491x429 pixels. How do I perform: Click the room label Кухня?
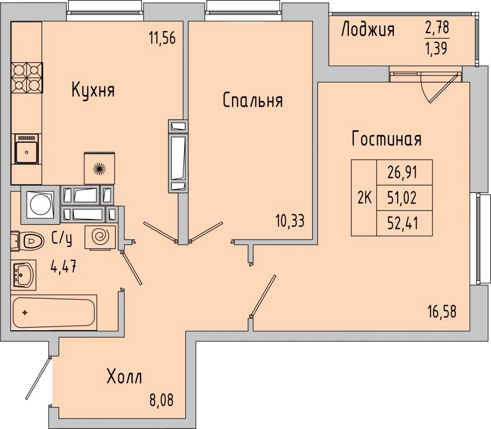coord(94,90)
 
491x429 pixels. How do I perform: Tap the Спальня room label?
coord(253,100)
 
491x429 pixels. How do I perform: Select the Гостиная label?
coord(387,139)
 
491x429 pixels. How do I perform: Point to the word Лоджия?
coord(368,31)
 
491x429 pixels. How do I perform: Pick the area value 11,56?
coord(162,39)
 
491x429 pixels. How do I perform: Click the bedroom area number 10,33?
coord(290,221)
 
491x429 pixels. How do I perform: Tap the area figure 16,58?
coord(442,312)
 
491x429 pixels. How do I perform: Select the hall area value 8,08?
coord(161,401)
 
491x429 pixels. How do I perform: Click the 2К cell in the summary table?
coord(364,198)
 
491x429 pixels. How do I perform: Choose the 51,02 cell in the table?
coord(404,198)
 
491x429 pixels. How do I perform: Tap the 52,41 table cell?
coord(404,223)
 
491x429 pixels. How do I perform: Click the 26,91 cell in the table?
coord(404,172)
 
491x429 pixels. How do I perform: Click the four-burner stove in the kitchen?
coord(27,78)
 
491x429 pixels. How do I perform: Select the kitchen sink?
coord(26,149)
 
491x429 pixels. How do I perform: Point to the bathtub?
coord(54,313)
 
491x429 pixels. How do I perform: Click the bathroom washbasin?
coord(23,275)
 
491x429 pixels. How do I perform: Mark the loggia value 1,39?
coord(437,49)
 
